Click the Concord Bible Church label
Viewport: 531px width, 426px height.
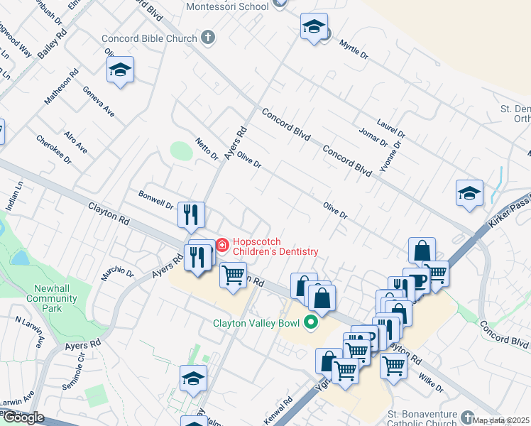(x=148, y=38)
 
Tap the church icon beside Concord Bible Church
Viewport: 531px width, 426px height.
(x=208, y=38)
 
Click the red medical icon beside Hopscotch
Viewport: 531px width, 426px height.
(x=222, y=246)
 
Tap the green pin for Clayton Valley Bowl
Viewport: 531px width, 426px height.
(x=310, y=323)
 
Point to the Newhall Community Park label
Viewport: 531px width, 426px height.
(x=51, y=298)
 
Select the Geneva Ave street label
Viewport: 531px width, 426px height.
(x=99, y=102)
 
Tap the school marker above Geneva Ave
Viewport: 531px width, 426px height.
(x=120, y=71)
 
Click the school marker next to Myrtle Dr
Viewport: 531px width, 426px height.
(x=313, y=28)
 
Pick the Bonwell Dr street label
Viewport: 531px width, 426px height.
(x=156, y=199)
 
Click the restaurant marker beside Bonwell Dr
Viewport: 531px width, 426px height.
(x=191, y=216)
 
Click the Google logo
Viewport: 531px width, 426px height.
(x=23, y=417)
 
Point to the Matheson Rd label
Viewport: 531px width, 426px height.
(x=62, y=87)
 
